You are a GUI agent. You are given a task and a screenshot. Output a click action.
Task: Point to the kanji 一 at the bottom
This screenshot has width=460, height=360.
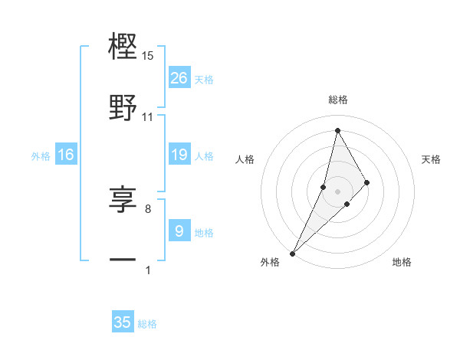pos(123,260)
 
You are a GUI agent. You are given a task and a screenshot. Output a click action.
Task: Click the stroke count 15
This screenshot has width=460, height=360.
pos(148,56)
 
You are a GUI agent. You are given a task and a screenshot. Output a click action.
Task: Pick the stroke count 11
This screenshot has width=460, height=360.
pos(148,117)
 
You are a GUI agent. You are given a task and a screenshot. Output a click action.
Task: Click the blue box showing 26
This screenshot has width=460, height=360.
pos(179,78)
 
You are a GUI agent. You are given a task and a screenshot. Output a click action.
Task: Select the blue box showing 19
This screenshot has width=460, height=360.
pos(179,155)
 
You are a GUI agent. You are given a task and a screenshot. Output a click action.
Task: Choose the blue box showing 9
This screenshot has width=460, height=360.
pos(179,231)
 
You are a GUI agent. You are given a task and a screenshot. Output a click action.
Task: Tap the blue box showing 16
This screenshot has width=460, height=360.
pos(66,155)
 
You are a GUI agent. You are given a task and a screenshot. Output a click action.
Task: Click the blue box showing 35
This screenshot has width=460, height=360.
pos(123,322)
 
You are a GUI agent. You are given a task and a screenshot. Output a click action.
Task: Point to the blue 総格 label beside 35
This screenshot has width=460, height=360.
pos(147,324)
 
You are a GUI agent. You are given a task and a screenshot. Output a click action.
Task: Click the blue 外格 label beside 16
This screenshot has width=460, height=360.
pos(41,156)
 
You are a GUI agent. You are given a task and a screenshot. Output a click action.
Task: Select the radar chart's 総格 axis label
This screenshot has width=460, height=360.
pos(337,100)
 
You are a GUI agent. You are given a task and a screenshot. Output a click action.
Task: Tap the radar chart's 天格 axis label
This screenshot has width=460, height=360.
pos(432,159)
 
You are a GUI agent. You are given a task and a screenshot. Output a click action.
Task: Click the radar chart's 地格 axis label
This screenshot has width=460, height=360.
pos(402,263)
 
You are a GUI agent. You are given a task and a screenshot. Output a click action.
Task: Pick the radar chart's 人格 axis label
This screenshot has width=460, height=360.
pos(245,159)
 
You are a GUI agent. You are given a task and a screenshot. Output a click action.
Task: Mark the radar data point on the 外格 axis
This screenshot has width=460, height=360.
pos(292,253)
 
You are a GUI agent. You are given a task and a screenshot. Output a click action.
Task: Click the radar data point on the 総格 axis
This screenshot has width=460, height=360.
pos(337,129)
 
